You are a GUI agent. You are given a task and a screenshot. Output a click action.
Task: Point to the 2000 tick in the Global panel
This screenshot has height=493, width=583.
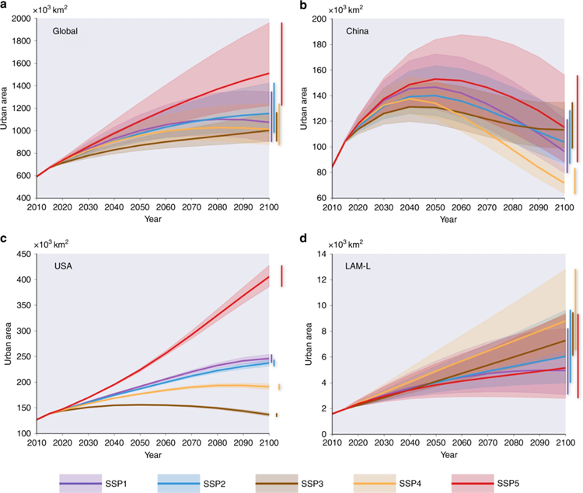(20, 19)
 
